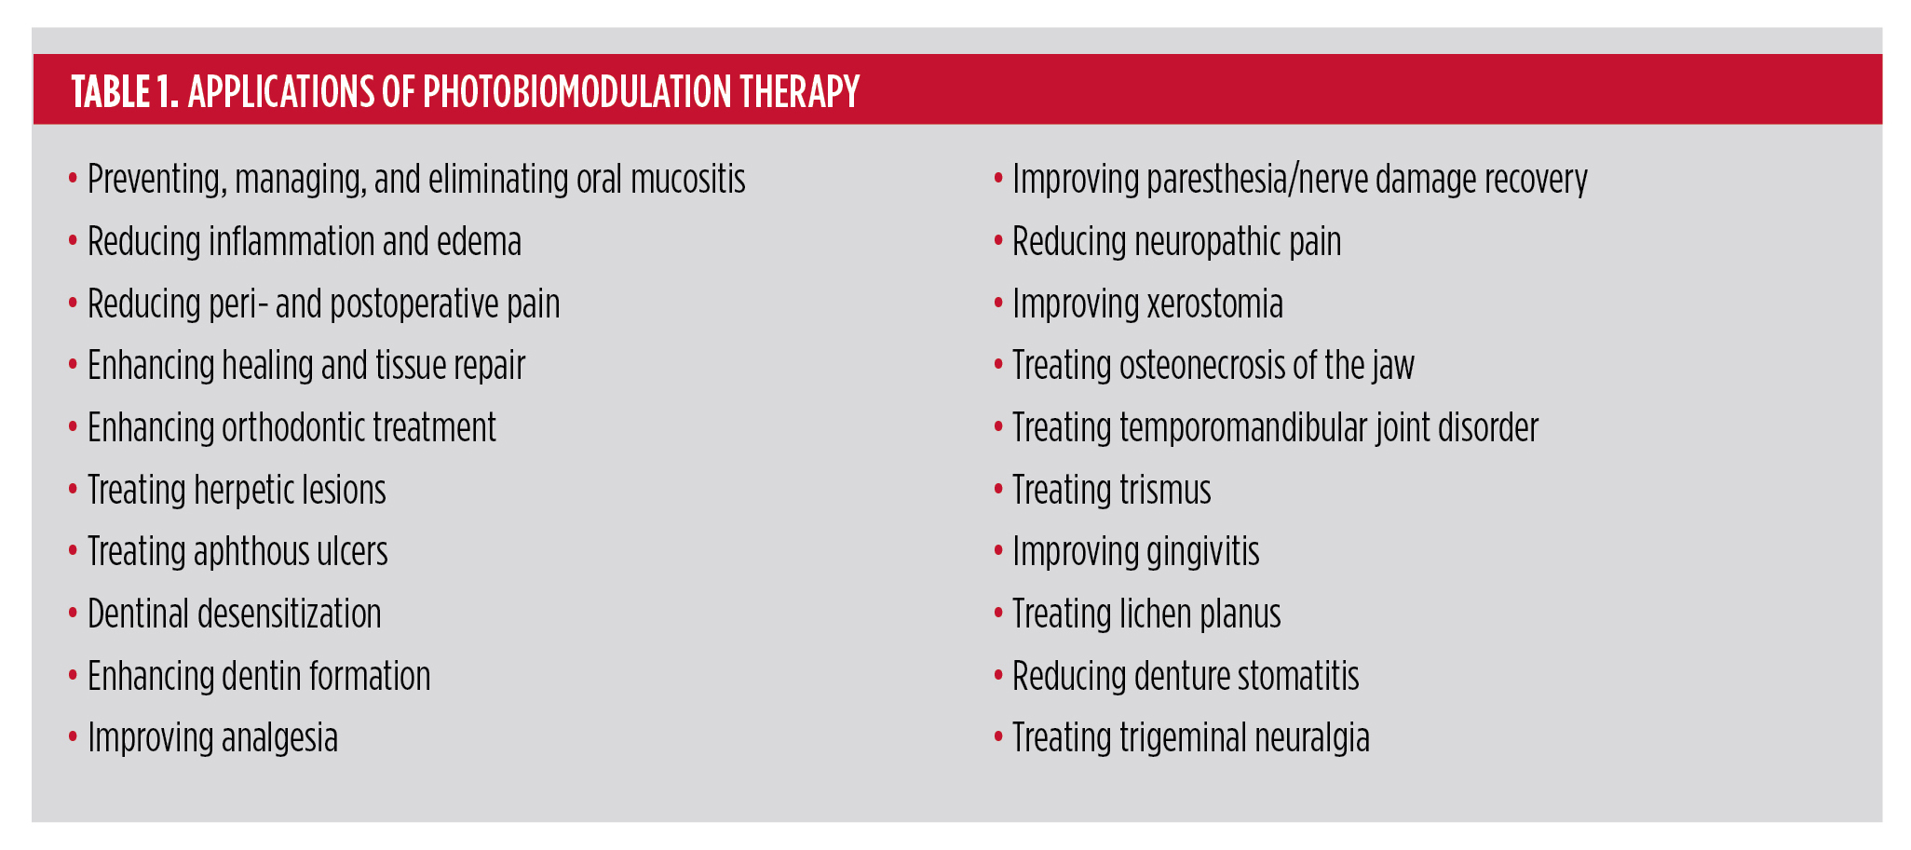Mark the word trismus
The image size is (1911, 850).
pyautogui.click(x=1165, y=491)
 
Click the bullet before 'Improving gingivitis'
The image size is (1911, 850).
pyautogui.click(x=998, y=552)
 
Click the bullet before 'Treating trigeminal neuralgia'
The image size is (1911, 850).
pyautogui.click(x=998, y=738)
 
